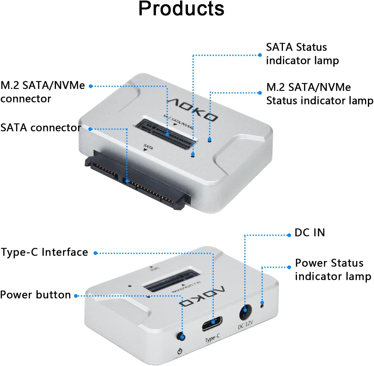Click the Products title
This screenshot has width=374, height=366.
click(x=181, y=9)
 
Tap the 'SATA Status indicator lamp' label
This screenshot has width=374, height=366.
click(x=302, y=54)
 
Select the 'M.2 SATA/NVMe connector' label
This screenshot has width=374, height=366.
click(x=42, y=92)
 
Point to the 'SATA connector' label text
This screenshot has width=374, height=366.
click(x=41, y=128)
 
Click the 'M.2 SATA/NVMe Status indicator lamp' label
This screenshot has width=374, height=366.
click(x=319, y=94)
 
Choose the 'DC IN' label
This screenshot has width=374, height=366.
click(x=310, y=233)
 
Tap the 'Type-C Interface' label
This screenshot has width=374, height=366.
click(x=44, y=252)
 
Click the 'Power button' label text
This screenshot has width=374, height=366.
click(x=35, y=295)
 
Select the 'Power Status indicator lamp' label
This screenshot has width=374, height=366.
click(x=333, y=269)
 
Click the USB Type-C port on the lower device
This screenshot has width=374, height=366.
click(x=212, y=323)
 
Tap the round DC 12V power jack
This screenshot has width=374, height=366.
click(x=245, y=312)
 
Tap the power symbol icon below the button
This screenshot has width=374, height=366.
click(x=180, y=351)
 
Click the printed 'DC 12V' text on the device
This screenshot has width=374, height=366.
click(x=245, y=325)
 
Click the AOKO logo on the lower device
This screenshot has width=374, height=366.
click(x=202, y=297)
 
